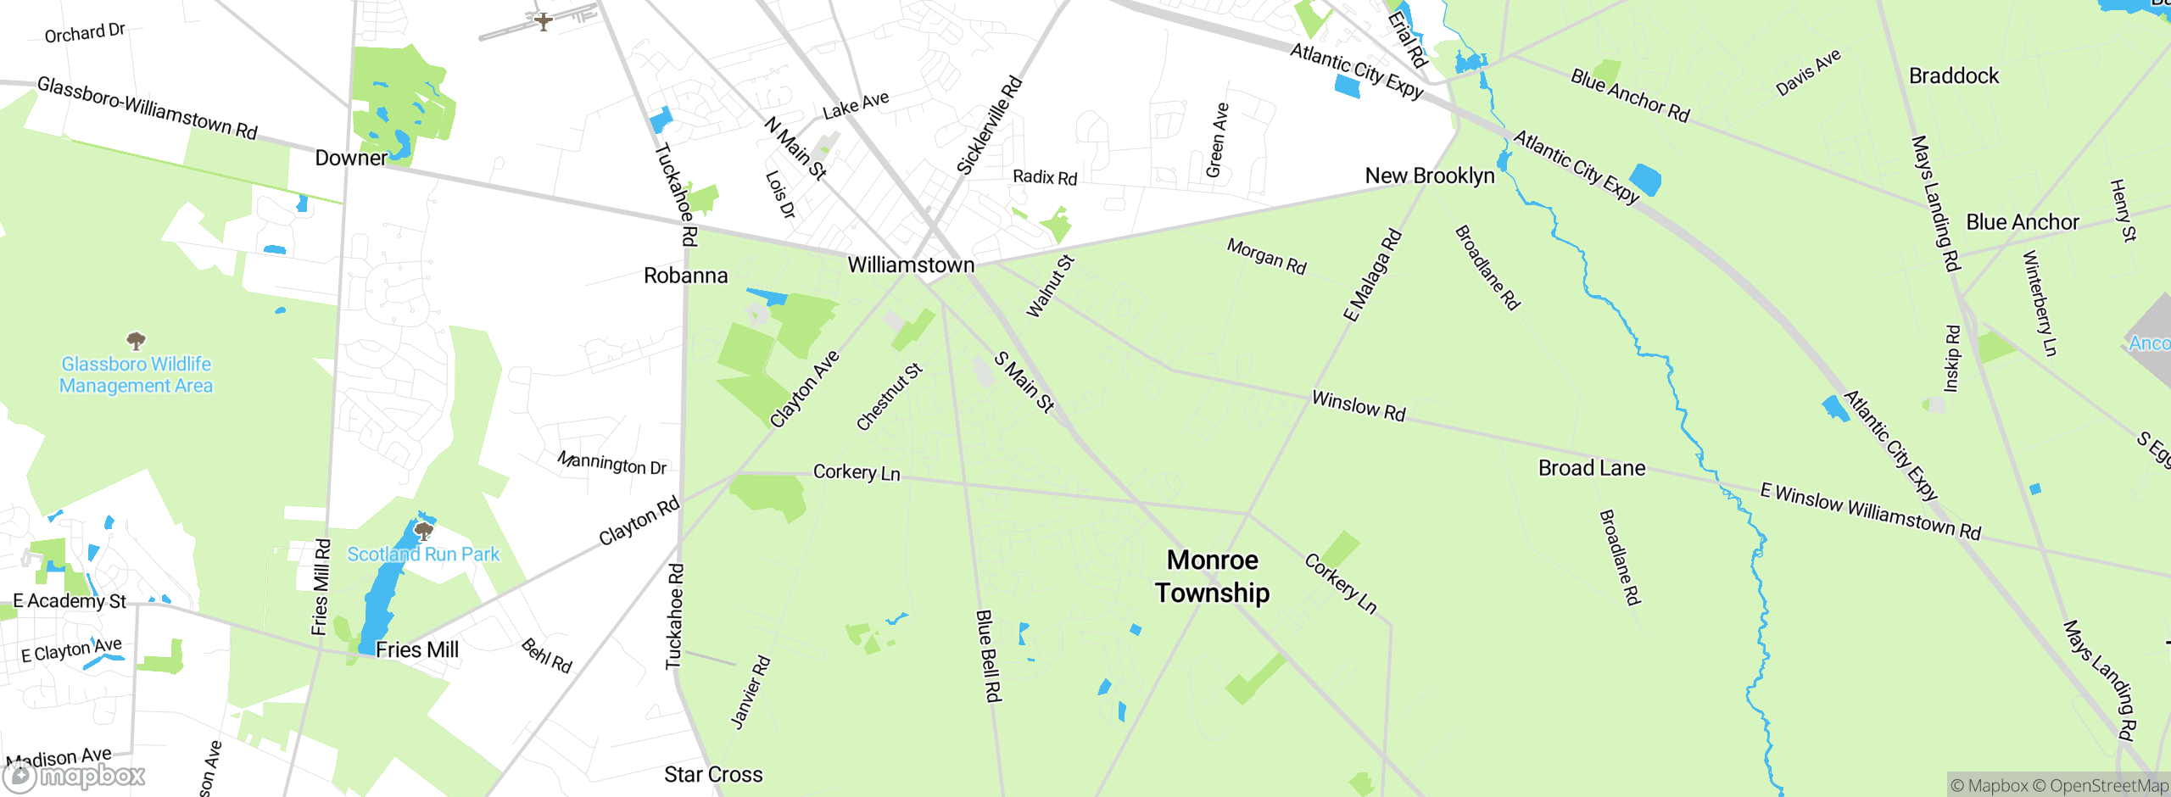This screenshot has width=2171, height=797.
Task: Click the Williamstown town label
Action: [911, 265]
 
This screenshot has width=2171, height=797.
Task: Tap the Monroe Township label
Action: [1212, 577]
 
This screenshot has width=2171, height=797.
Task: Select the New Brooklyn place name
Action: [1430, 176]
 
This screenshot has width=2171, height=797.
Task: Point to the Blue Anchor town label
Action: [2023, 223]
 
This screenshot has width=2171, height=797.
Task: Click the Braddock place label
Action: [1954, 76]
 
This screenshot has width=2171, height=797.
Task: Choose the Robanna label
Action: [685, 276]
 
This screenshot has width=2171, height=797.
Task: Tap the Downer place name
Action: [351, 159]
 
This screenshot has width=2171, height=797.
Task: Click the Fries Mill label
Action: [416, 650]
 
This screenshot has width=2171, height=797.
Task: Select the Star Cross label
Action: [713, 775]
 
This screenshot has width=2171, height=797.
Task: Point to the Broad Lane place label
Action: [1592, 468]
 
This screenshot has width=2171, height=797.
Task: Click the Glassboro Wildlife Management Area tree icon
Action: [136, 341]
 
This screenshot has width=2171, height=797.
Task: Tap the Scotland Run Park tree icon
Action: [423, 532]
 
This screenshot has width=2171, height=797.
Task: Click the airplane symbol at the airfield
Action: [543, 20]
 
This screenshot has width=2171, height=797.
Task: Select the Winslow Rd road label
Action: [1359, 406]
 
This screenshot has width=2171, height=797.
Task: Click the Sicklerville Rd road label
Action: [989, 126]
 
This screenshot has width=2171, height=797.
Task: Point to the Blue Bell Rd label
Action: [989, 655]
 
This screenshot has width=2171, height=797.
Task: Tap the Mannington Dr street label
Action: [611, 463]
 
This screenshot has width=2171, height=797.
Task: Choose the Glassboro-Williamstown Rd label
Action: [148, 108]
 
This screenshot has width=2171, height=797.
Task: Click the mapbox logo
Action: [75, 776]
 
